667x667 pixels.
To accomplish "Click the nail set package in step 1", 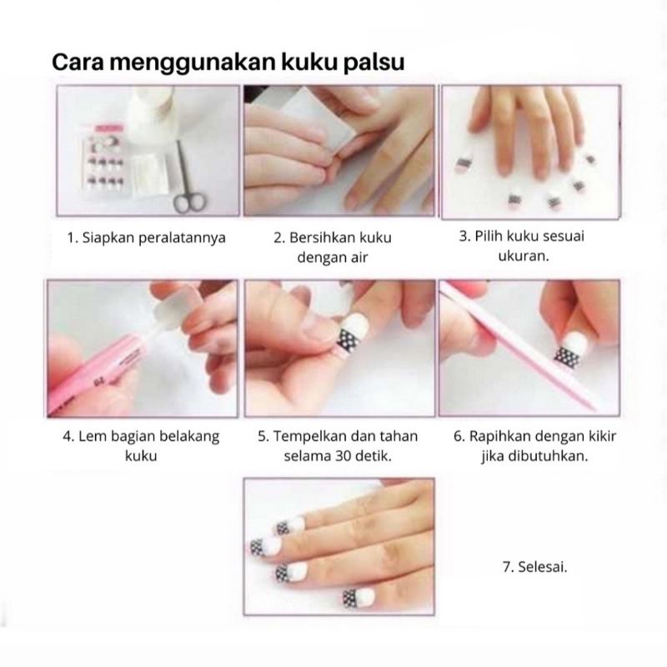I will [x=102, y=162].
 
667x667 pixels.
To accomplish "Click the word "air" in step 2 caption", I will [x=356, y=258].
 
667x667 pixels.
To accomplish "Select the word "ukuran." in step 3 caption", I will [x=522, y=256].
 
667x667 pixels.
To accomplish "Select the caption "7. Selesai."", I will [x=534, y=566].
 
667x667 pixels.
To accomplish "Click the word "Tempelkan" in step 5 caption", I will [x=312, y=437].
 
